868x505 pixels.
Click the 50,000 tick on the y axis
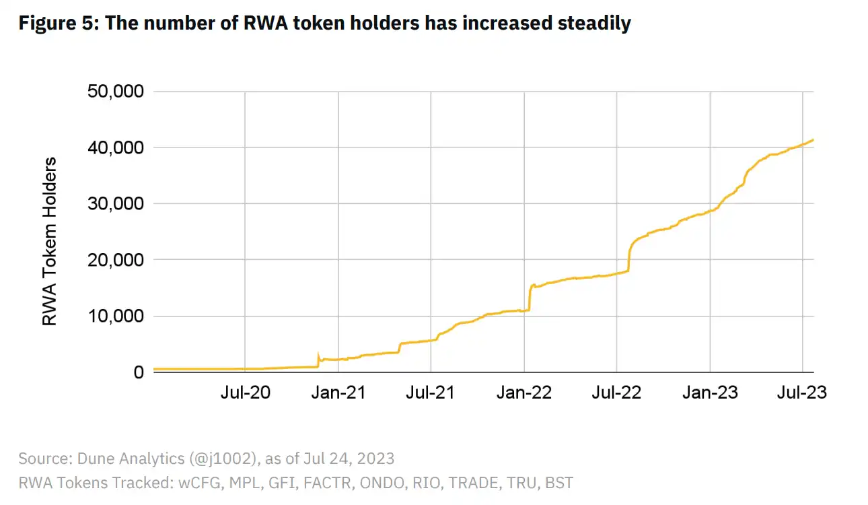[x=116, y=92]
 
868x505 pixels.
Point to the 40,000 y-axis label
[x=116, y=147]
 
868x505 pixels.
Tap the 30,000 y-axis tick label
[x=116, y=204]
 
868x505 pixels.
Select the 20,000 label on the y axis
[x=116, y=260]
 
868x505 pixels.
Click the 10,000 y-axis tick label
[x=116, y=316]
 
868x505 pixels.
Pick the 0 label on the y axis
[x=139, y=372]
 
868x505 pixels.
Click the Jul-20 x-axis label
[x=245, y=393]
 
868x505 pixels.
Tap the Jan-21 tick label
[x=338, y=393]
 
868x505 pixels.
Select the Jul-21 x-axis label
[x=431, y=393]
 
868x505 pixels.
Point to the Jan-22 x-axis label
[x=523, y=393]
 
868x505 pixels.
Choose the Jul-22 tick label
[x=616, y=393]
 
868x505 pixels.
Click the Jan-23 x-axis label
[x=710, y=393]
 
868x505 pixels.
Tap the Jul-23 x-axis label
[x=802, y=393]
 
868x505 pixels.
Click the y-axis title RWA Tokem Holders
[x=50, y=242]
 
